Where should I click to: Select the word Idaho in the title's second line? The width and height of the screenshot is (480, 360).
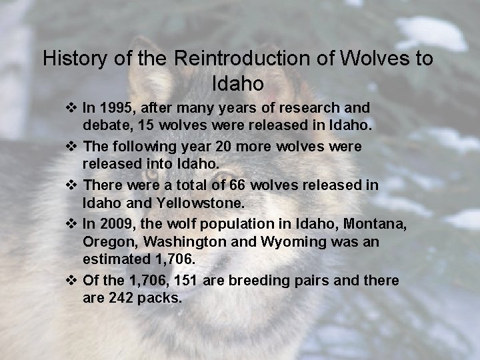238,85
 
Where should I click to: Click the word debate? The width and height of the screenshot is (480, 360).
104,125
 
